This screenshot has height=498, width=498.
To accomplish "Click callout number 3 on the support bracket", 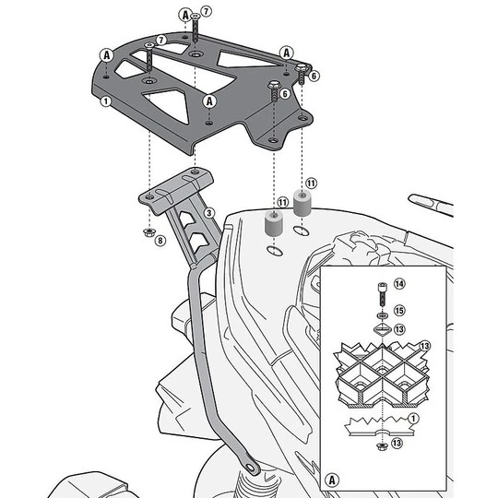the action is (209, 213).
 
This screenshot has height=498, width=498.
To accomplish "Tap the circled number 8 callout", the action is (160, 241).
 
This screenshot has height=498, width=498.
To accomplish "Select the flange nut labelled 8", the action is (148, 232).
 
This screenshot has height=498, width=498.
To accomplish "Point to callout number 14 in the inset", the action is (399, 283).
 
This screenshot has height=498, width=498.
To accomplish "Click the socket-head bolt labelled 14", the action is (382, 294).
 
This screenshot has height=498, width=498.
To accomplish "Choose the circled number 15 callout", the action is (399, 310).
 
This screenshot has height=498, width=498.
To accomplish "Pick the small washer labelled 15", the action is (382, 315).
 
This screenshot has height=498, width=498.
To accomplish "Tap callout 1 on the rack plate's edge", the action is (106, 101).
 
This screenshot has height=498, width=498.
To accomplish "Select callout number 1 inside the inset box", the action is (413, 419).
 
